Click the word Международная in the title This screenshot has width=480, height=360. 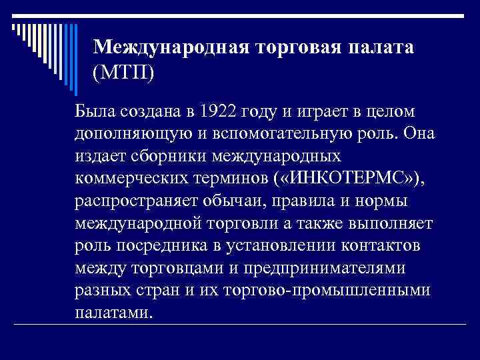coord(169,46)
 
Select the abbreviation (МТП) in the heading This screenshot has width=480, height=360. coord(124,70)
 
